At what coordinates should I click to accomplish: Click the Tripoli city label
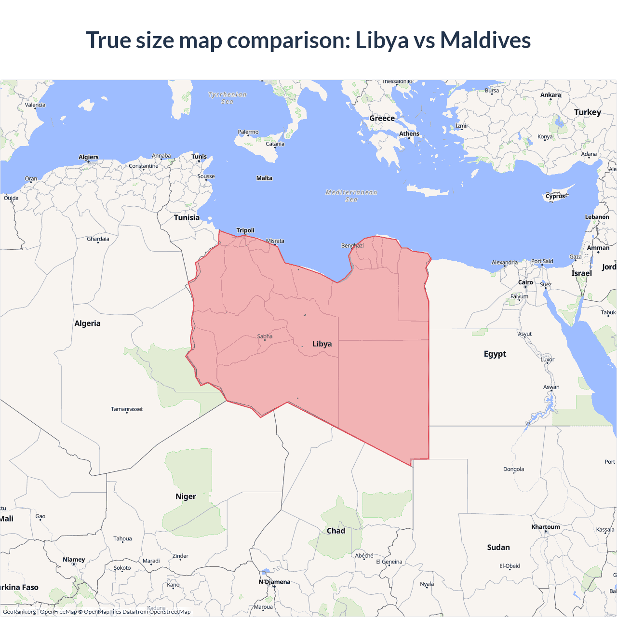pyautogui.click(x=245, y=230)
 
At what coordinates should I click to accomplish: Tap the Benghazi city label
pyautogui.click(x=352, y=246)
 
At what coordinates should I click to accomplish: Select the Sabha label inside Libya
pyautogui.click(x=265, y=336)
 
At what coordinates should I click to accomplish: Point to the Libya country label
pyautogui.click(x=322, y=344)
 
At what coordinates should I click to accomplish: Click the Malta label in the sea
pyautogui.click(x=264, y=178)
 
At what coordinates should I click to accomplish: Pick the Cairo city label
pyautogui.click(x=525, y=282)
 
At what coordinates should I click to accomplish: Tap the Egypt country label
pyautogui.click(x=495, y=354)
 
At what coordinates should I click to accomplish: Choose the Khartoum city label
pyautogui.click(x=546, y=527)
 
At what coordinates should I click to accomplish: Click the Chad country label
pyautogui.click(x=336, y=531)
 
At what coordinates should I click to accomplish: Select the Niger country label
pyautogui.click(x=186, y=496)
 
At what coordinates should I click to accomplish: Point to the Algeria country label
pyautogui.click(x=87, y=323)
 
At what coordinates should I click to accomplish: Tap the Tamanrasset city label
pyautogui.click(x=127, y=409)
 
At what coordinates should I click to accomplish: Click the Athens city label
pyautogui.click(x=409, y=134)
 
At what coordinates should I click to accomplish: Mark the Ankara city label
pyautogui.click(x=550, y=95)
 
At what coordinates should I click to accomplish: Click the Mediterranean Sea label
pyautogui.click(x=351, y=196)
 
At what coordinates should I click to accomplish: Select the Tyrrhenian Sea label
pyautogui.click(x=228, y=98)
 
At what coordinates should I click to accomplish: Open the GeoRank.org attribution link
pyautogui.click(x=19, y=612)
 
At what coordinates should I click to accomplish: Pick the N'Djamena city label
pyautogui.click(x=274, y=582)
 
